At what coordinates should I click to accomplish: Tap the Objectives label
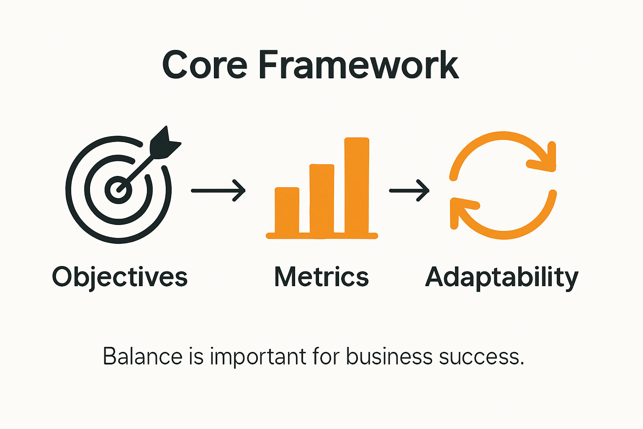pos(120,277)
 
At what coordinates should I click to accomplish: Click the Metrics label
pos(321,277)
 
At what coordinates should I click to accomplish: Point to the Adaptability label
pos(502,277)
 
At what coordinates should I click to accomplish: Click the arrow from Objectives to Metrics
pos(218,191)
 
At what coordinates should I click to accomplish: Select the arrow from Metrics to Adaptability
pos(409,191)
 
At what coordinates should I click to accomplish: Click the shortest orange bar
pos(287,210)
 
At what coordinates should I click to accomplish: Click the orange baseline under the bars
pos(322,236)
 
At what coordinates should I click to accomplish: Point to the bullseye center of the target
pos(118,189)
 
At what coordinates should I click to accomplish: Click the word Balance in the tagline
pos(143,357)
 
